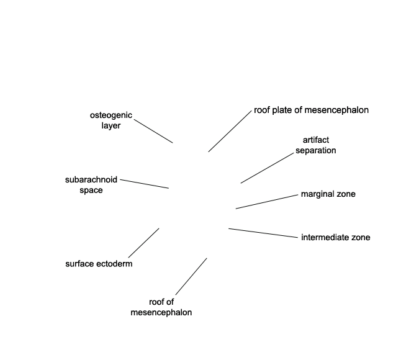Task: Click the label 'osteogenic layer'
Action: [111, 120]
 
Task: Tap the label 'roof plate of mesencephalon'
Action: [312, 110]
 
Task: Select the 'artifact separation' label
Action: [316, 145]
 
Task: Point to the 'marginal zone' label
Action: [328, 194]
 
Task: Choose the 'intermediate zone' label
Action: [336, 237]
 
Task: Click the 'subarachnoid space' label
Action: [91, 185]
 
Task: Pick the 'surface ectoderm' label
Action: [99, 264]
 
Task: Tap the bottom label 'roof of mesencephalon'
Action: [161, 307]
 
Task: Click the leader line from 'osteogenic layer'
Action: [153, 131]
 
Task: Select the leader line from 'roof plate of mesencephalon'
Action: [230, 131]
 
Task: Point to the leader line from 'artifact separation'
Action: [267, 168]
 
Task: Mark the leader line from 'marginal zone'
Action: [267, 202]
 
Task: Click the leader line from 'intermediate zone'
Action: [263, 233]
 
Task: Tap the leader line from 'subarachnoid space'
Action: [145, 184]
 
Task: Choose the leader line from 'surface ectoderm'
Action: [144, 243]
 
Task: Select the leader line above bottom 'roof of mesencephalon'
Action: [191, 277]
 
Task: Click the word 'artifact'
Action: [316, 140]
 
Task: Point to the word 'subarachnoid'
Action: [91, 180]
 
